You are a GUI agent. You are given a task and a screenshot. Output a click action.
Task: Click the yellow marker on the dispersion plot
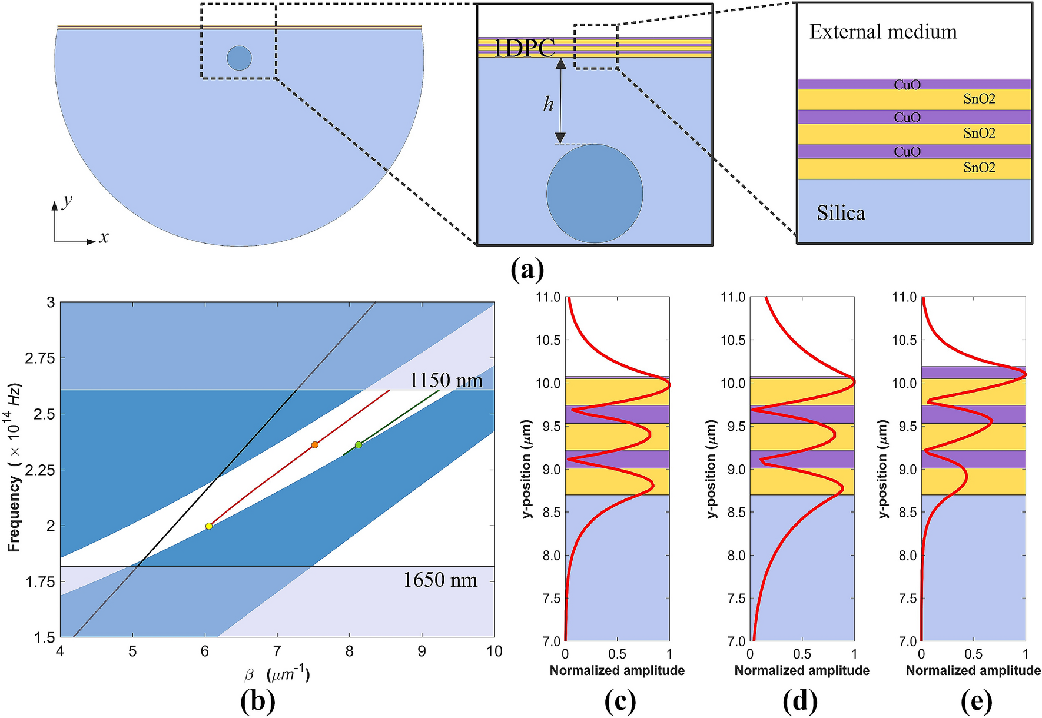pos(208,526)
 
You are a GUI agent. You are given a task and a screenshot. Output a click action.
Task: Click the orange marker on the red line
pos(315,444)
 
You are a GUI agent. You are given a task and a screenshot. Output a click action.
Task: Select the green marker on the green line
pos(359,444)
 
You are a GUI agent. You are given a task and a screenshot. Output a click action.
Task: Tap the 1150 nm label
pos(446,380)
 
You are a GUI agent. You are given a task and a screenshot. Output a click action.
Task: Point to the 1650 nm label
pos(440,580)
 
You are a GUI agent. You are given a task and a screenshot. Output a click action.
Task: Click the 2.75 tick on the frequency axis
pos(40,358)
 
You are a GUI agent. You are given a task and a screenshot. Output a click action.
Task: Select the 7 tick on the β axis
pos(277,651)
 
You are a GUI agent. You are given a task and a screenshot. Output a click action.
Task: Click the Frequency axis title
pos(14,468)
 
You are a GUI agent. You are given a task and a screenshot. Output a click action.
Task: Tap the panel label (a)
pos(527,270)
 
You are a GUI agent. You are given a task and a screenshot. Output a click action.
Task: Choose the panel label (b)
pos(258,701)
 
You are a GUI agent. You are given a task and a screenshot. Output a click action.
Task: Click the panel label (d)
pos(800,701)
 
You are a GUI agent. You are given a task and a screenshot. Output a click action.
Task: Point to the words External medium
pos(883,32)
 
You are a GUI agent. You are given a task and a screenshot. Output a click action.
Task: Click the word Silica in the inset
pos(841,213)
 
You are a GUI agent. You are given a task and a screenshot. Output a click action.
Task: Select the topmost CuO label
pos(907,85)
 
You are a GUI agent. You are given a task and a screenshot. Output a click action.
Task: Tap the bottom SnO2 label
pos(979,168)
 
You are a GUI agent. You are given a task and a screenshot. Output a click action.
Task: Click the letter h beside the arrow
pos(548,104)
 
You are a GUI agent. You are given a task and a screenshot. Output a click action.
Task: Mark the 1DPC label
pos(524,48)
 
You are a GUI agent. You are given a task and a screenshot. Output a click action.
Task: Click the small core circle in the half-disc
pos(240,58)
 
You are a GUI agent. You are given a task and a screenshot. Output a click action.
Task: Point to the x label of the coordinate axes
pos(104,237)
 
